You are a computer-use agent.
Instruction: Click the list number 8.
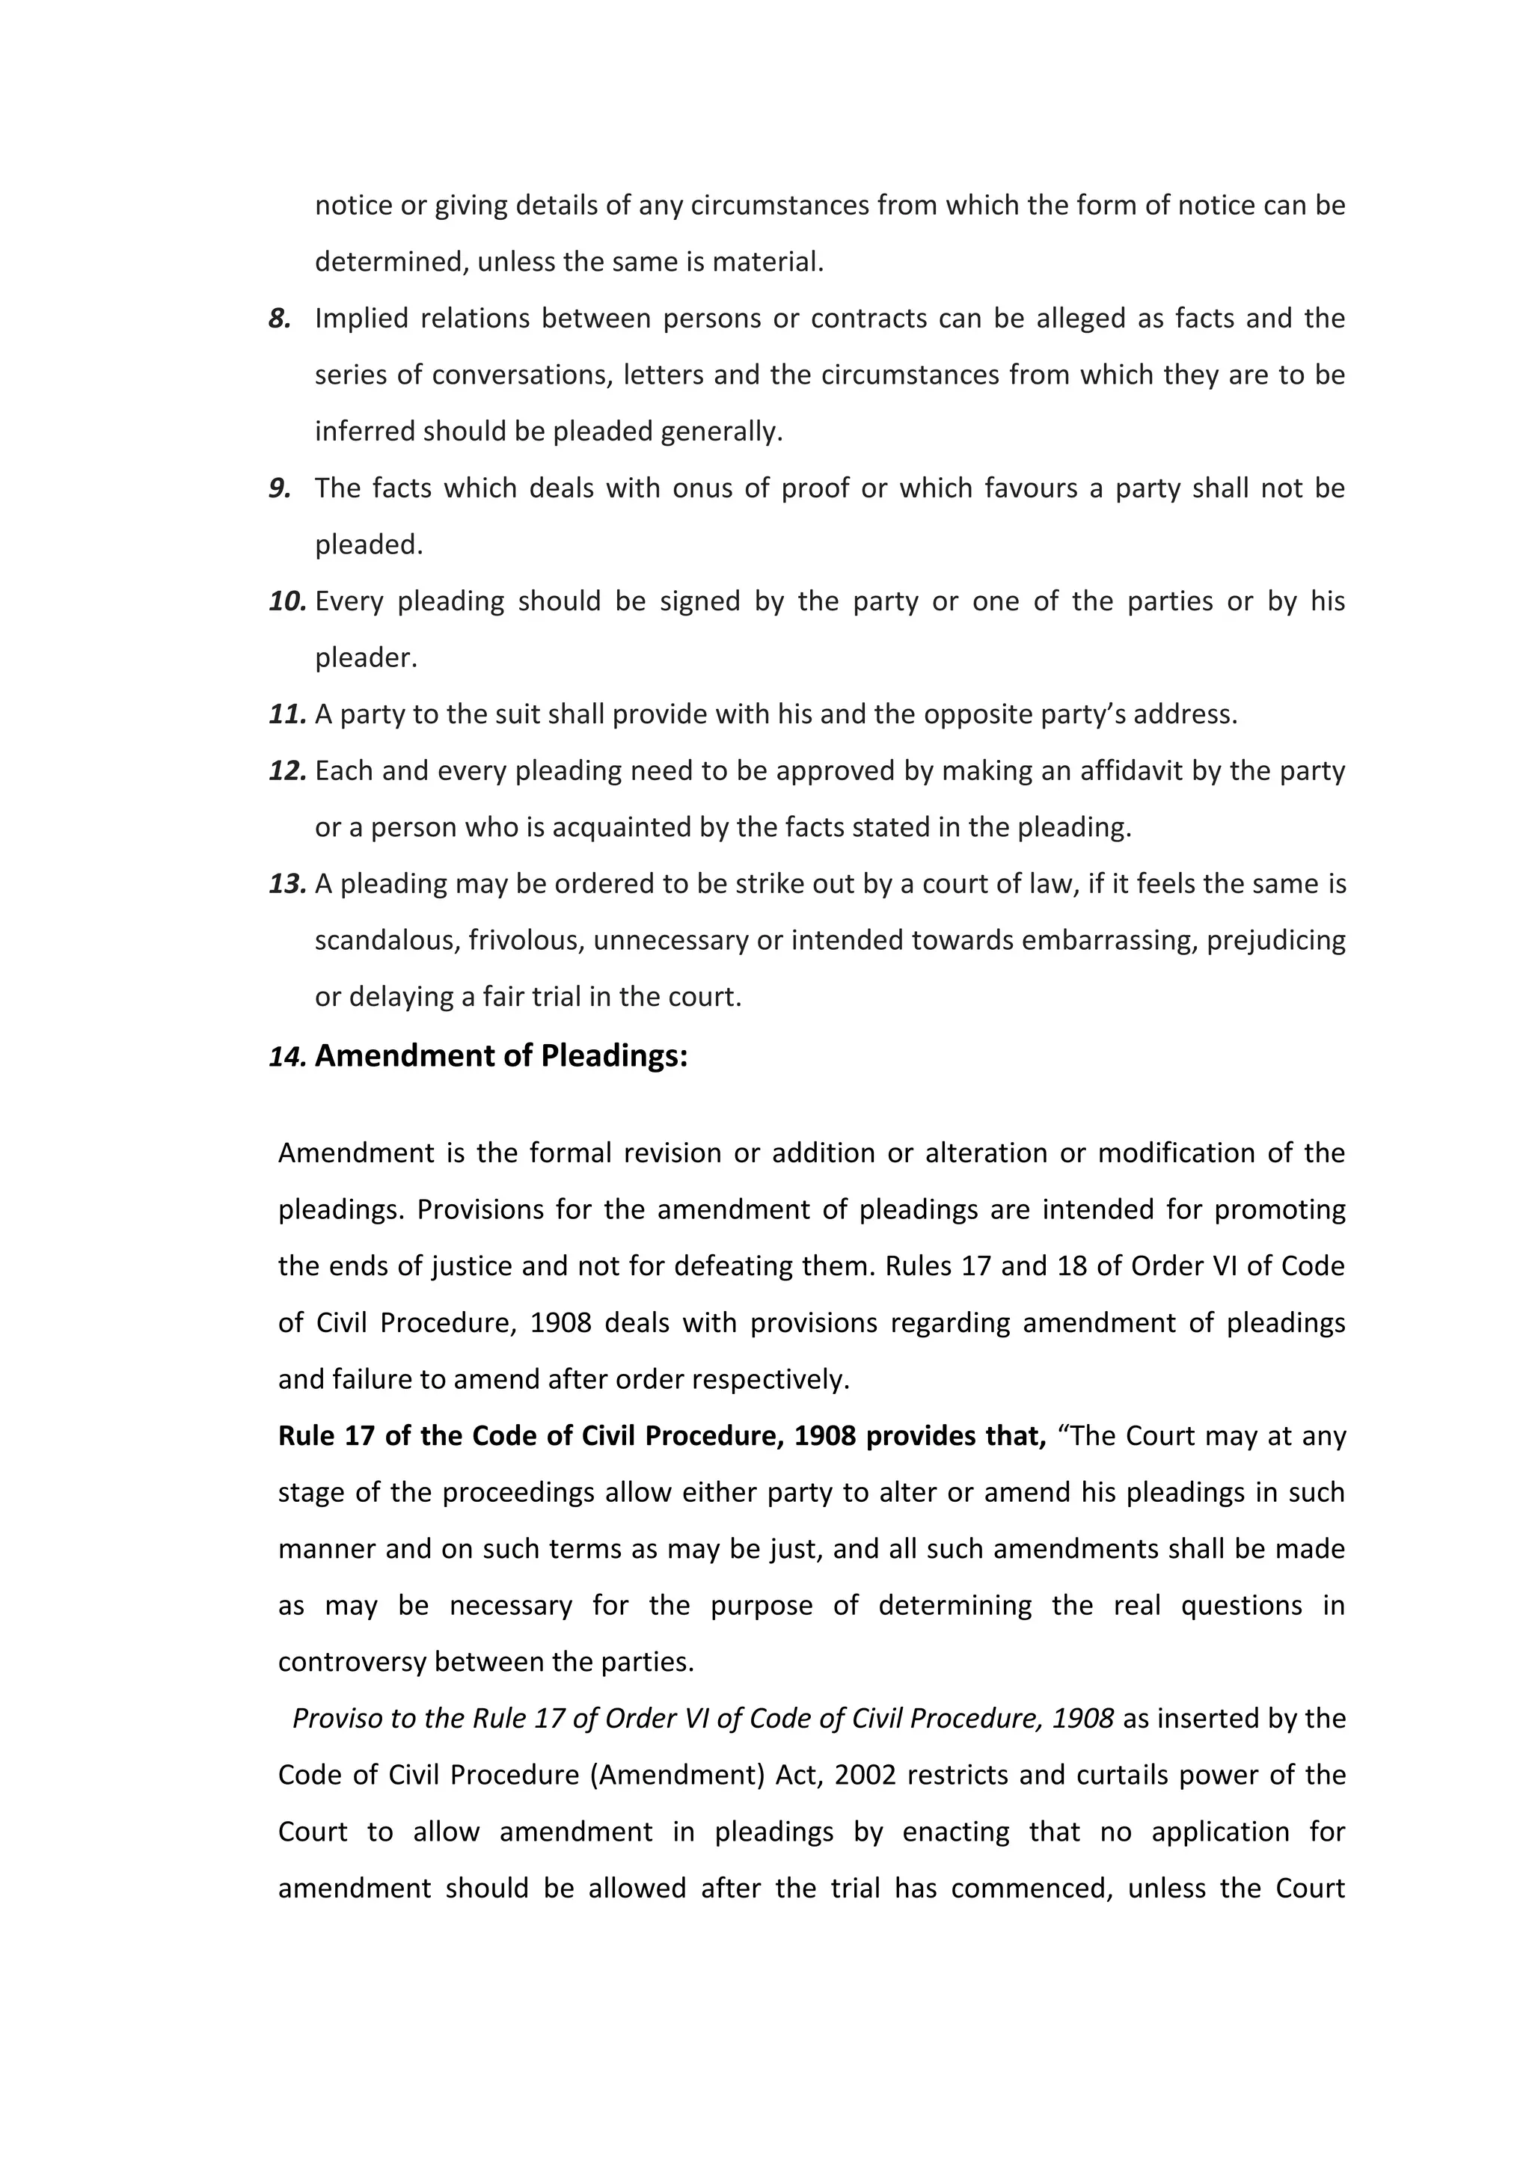(x=279, y=319)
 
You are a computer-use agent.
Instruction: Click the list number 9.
(x=279, y=488)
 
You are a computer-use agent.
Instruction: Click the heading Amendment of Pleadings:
(x=501, y=1055)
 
